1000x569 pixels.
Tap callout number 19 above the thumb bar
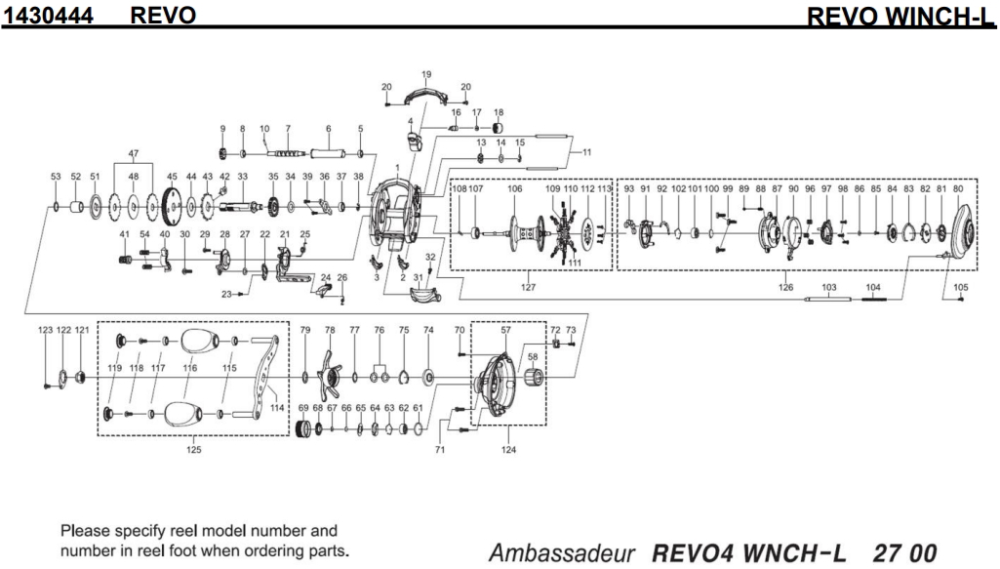[426, 74]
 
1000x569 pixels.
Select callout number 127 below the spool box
[528, 287]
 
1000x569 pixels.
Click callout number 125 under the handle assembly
[193, 450]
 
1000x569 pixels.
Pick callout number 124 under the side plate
[508, 450]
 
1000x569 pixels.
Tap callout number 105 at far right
[960, 287]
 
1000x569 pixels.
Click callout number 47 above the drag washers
[134, 154]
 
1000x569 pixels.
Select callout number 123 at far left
[46, 331]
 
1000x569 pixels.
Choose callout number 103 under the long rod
[830, 287]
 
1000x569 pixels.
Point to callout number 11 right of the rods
[586, 153]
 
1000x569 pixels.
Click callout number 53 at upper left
[56, 177]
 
